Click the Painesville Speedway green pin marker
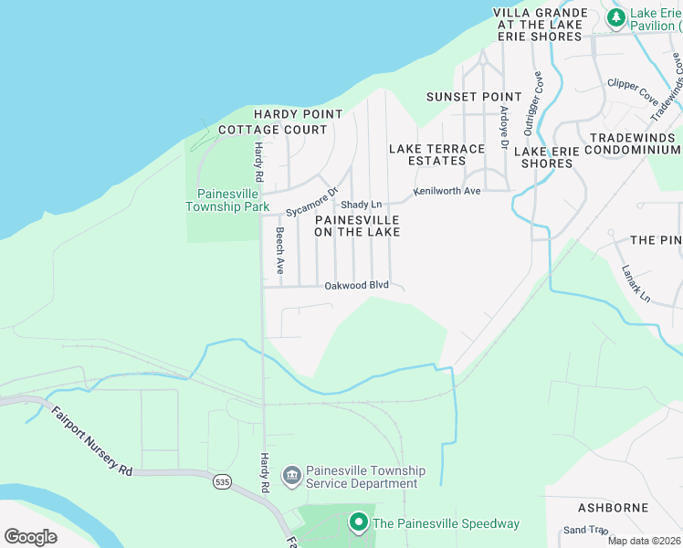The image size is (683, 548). click(x=359, y=523)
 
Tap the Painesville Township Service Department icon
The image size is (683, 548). click(x=291, y=474)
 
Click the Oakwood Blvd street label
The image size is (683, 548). click(x=357, y=286)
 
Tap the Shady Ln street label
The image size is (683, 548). click(x=361, y=205)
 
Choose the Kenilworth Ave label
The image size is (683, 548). click(x=447, y=192)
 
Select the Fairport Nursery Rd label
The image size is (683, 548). click(x=90, y=440)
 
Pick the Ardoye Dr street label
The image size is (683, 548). click(x=503, y=127)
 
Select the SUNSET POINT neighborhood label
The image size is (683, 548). click(x=474, y=97)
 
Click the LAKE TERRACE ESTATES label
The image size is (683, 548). click(x=436, y=154)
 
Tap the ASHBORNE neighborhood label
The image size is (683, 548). click(x=613, y=507)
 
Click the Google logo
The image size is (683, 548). click(x=31, y=537)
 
